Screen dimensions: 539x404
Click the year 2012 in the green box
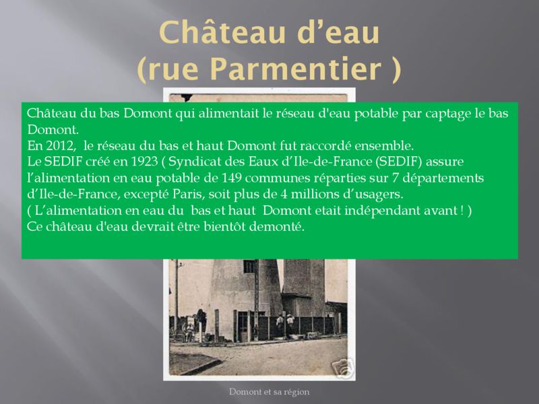[x=61, y=146]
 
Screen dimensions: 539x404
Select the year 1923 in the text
[x=145, y=162]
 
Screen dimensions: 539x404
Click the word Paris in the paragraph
[x=187, y=194]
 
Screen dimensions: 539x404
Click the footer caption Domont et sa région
[x=269, y=392]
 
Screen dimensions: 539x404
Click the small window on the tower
[x=249, y=267]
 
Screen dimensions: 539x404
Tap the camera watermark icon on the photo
[x=342, y=368]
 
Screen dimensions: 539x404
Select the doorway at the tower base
[x=244, y=326]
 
